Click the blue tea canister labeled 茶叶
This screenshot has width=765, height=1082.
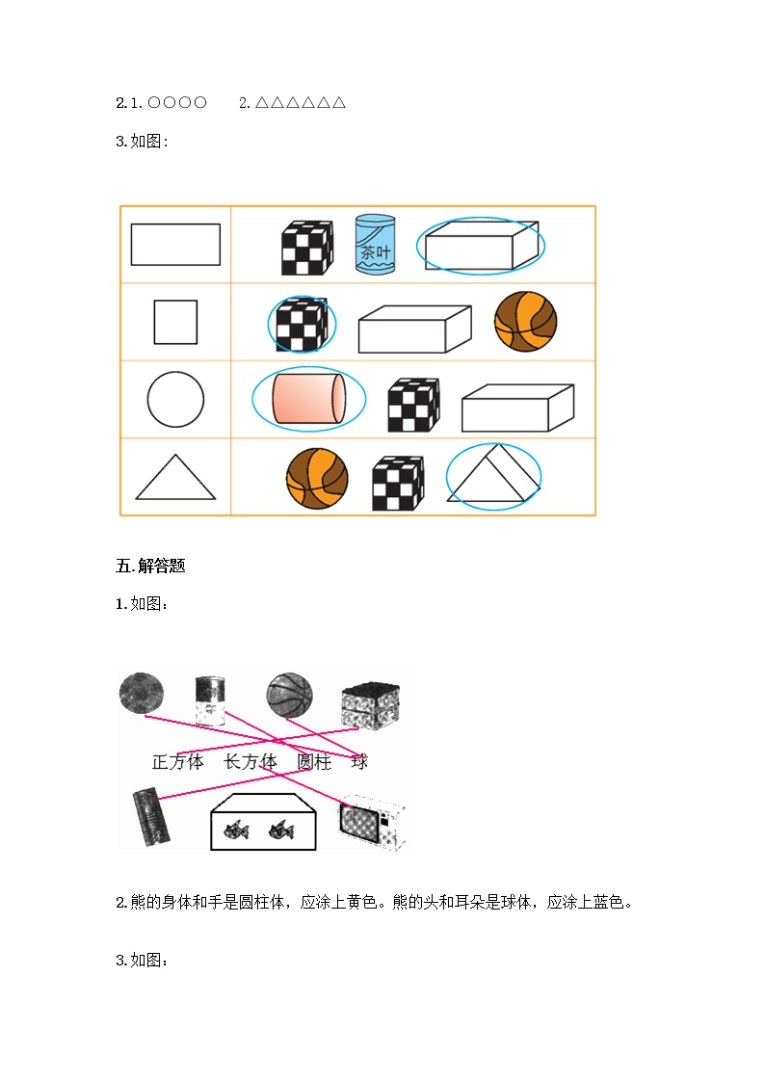point(375,245)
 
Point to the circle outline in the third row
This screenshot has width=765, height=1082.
point(147,400)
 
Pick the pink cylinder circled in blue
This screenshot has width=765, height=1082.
point(309,398)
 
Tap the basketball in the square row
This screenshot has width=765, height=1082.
point(526,322)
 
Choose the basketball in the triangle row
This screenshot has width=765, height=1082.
point(317,478)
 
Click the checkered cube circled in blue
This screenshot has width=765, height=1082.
point(302,325)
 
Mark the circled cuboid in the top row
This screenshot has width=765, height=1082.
point(481,245)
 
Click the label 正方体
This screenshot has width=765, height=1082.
point(178,762)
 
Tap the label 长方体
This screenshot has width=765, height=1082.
point(251,762)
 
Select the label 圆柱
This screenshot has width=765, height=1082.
point(314,762)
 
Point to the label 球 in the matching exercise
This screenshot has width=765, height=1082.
point(359,762)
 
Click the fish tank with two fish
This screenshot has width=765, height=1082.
point(263,822)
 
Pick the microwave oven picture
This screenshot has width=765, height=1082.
point(371,822)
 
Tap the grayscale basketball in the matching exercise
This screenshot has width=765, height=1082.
point(290,696)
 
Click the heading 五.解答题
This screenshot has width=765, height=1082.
point(150,566)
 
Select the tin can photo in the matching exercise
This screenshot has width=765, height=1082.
point(210,700)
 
